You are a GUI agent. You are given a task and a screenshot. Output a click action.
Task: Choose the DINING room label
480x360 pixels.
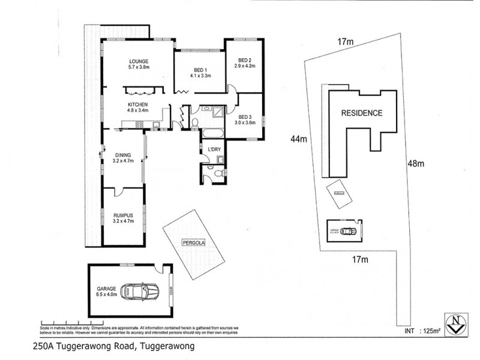point(122,158)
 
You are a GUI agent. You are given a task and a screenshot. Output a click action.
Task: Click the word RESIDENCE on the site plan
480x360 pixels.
point(361,113)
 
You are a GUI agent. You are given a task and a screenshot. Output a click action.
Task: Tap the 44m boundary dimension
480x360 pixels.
point(299,139)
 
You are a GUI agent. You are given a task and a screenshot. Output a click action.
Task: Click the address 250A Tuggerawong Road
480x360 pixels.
point(113,346)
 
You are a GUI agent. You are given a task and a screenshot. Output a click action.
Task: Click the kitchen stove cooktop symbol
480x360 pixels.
point(139,125)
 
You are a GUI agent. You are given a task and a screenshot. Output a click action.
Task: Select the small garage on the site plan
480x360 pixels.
point(344,230)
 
